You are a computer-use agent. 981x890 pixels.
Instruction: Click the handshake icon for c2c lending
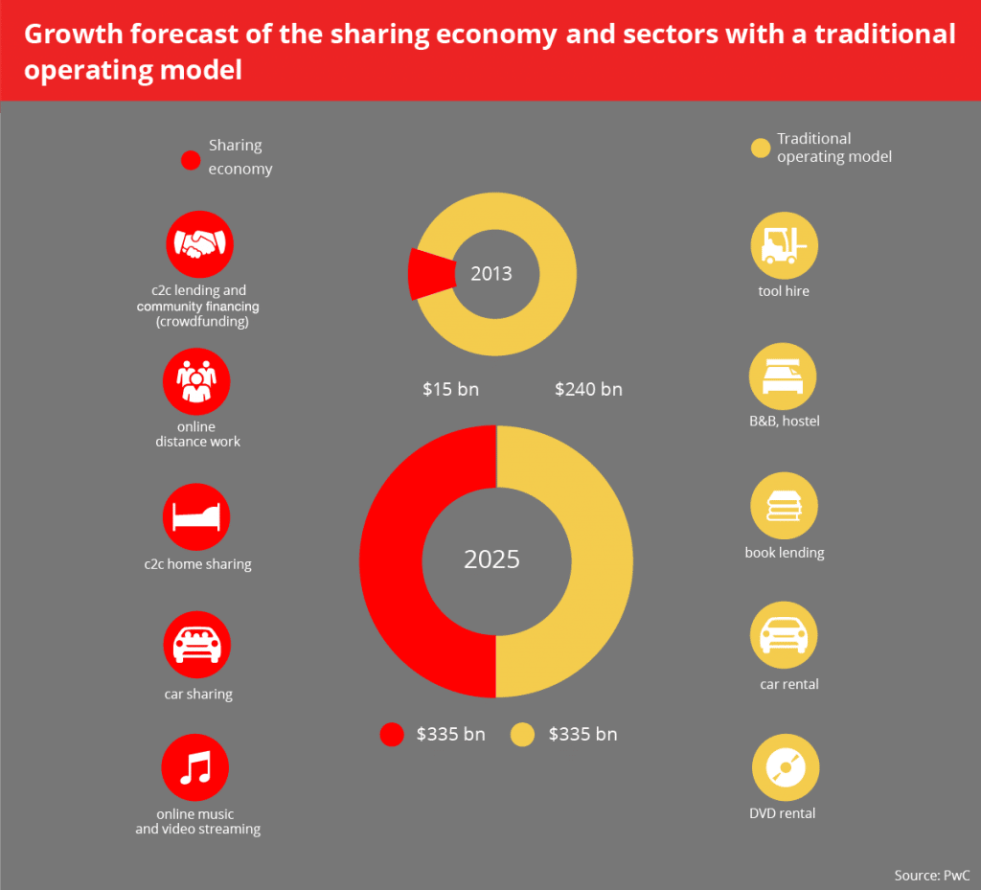199,244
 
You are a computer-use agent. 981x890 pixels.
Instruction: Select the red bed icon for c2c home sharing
196,517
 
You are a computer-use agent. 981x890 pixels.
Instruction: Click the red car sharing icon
196,645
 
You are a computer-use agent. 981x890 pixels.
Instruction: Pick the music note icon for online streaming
196,767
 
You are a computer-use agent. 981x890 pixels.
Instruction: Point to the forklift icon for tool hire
784,246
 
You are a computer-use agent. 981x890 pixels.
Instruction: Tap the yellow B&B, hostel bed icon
784,377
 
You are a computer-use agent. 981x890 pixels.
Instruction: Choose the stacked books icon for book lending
784,507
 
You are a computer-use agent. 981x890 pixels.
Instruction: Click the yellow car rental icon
784,637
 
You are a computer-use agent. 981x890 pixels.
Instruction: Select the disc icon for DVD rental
784,767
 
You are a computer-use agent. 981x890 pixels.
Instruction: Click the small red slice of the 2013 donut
429,274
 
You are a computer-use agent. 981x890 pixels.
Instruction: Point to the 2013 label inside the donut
491,274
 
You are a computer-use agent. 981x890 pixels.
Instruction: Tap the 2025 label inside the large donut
491,559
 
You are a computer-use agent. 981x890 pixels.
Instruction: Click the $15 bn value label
450,390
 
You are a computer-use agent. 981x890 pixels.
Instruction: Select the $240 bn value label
588,390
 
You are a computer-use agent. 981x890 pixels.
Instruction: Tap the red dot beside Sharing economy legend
191,159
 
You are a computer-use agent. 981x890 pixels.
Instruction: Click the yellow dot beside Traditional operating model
760,148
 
